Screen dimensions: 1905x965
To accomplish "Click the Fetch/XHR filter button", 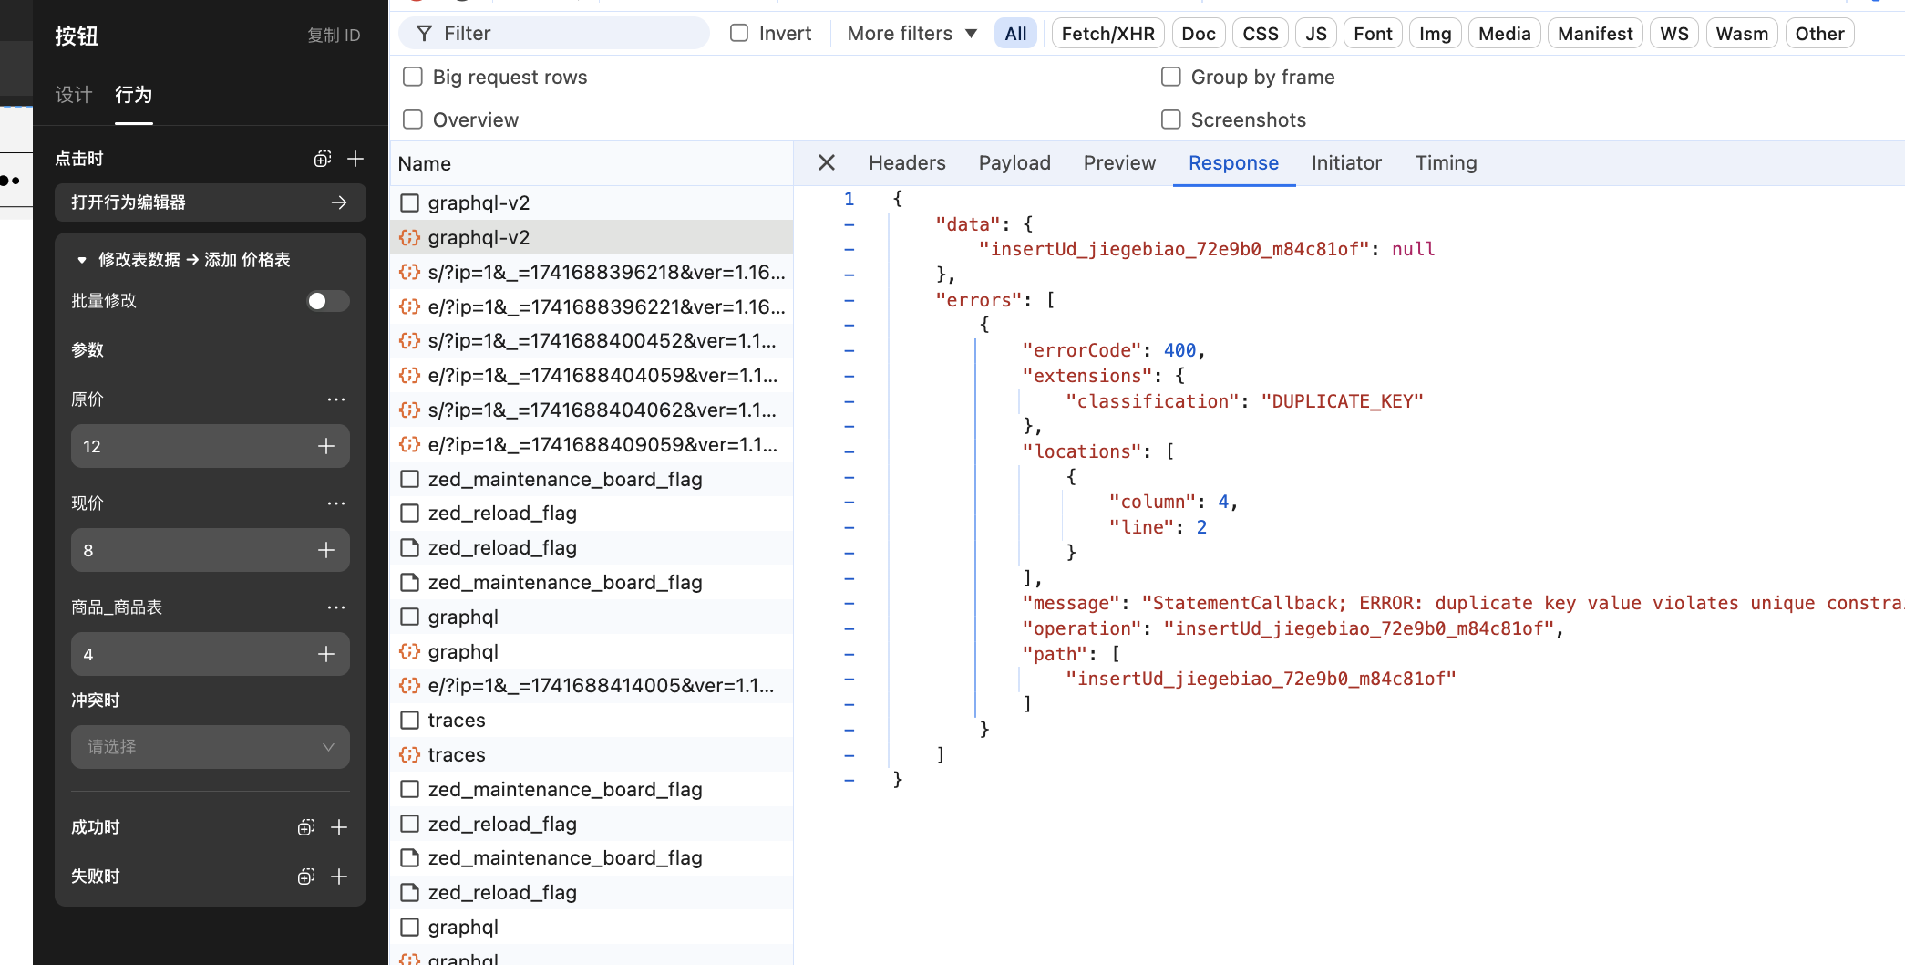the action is coord(1107,34).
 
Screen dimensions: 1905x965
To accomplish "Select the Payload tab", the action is coord(1014,163).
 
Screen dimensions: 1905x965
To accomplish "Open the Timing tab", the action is coord(1446,163).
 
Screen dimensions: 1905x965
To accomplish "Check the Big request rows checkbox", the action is coord(413,77).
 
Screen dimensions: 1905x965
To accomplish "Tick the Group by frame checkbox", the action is coord(1171,77).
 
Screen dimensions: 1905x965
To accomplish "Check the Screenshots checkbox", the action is coord(1171,119).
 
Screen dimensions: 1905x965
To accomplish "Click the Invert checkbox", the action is coord(739,33).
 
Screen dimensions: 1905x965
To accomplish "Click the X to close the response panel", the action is coord(827,162).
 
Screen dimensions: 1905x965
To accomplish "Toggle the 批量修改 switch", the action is coord(328,301).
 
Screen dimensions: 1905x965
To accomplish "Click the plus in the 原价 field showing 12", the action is coord(326,446).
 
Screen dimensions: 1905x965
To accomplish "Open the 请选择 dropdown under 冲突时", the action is coord(211,747).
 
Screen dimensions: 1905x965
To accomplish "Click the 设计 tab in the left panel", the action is coord(74,95).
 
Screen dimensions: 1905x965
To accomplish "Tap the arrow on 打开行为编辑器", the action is coord(339,202).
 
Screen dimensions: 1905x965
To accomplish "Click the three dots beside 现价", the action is coord(336,503).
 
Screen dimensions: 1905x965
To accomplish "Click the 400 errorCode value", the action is coord(1179,350).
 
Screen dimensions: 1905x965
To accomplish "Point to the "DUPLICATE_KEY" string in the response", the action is coord(1342,401).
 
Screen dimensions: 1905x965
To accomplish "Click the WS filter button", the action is coord(1673,34).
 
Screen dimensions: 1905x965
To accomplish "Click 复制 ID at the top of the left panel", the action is coord(334,36).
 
